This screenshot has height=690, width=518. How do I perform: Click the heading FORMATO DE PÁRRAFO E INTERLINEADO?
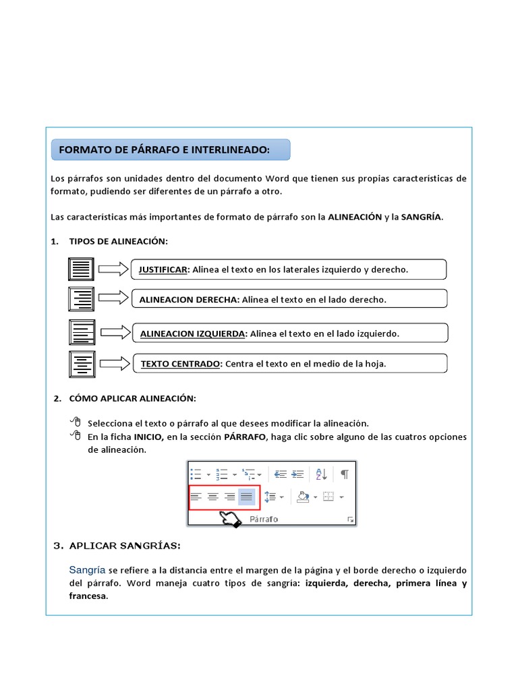(x=164, y=150)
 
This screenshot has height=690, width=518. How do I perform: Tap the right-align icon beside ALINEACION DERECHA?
(x=81, y=299)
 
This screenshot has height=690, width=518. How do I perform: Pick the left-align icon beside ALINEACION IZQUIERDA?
(x=82, y=333)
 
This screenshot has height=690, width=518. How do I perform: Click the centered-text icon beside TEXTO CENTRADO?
(x=82, y=364)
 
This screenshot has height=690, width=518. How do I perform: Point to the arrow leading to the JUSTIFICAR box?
(x=113, y=270)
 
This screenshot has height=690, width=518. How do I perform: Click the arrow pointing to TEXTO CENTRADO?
(x=115, y=364)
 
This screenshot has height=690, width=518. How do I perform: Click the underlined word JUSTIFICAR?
(x=163, y=270)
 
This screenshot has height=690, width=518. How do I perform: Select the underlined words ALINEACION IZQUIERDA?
(x=193, y=334)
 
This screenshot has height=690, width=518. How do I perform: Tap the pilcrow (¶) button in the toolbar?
(x=345, y=474)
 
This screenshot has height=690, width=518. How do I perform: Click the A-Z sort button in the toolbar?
(x=322, y=474)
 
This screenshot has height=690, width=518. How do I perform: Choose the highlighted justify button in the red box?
(x=247, y=497)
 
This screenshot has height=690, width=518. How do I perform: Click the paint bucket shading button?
(x=303, y=497)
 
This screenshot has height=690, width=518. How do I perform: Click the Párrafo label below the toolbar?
(x=264, y=520)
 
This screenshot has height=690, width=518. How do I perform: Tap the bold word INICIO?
(x=148, y=437)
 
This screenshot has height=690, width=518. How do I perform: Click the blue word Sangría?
(x=86, y=570)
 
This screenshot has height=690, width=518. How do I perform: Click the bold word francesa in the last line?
(x=88, y=596)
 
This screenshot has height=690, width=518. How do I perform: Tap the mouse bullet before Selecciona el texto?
(x=75, y=422)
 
